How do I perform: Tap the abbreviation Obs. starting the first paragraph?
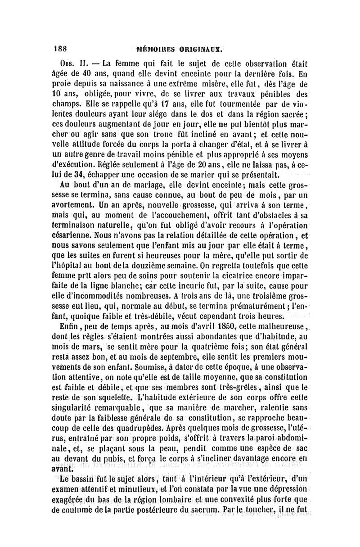tap(66, 62)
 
